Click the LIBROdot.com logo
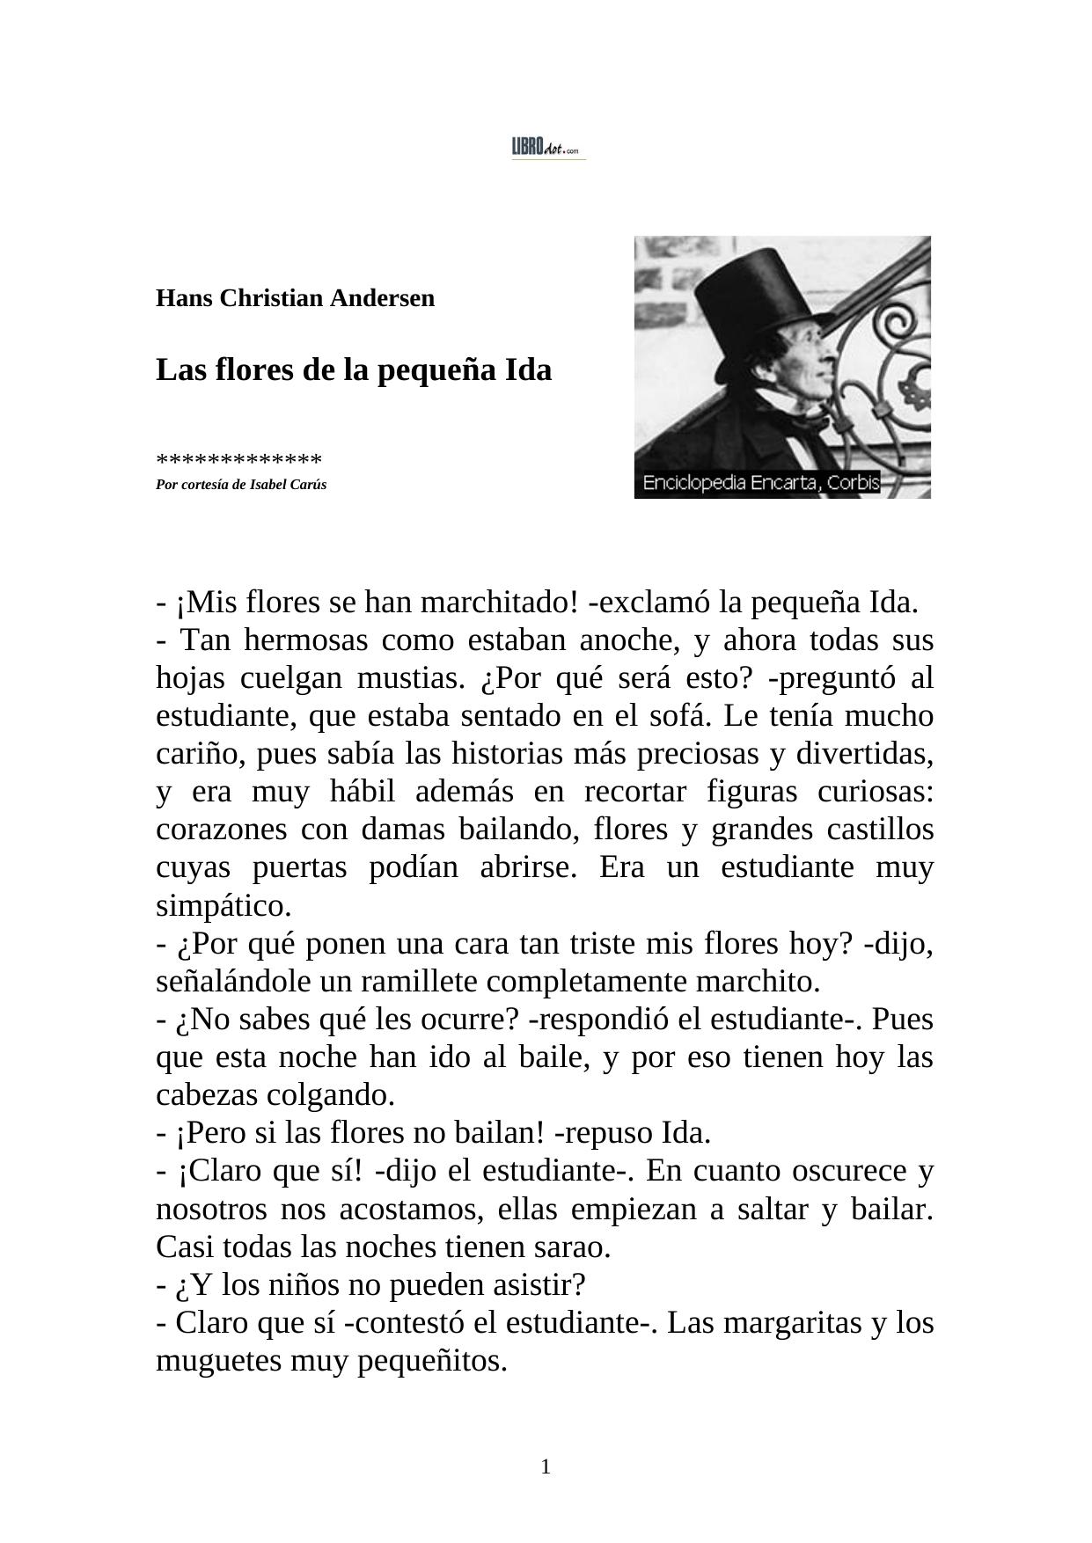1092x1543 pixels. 547,149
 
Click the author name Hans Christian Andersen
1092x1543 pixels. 295,298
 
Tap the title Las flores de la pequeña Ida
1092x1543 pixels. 353,370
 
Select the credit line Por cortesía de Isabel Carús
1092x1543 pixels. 240,485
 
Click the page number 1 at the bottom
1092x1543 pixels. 546,1466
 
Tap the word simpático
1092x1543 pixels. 223,906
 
